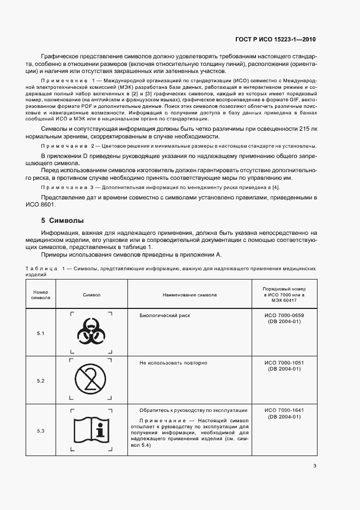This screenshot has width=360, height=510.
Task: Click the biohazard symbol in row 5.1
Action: pos(91,332)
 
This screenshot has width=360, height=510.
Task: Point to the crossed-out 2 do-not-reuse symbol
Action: pos(91,380)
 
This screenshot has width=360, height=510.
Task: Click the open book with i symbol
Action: pos(91,430)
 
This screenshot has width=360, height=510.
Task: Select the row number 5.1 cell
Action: pos(41,333)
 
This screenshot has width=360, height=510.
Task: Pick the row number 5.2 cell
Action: pos(41,380)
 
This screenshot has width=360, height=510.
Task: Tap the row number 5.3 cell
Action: pos(41,431)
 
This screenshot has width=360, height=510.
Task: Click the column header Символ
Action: pos(91,295)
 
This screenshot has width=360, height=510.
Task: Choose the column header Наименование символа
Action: pos(190,295)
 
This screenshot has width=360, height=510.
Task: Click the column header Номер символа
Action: pos(41,295)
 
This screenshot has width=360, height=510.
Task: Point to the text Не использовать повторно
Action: pos(173,362)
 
